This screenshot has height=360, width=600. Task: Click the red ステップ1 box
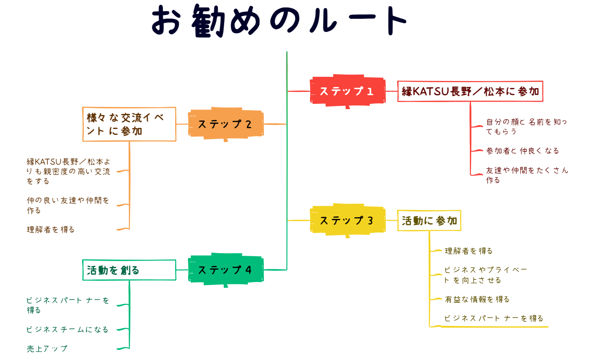click(x=347, y=91)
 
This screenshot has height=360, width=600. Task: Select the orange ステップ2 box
click(x=225, y=124)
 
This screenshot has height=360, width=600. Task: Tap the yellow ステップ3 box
click(x=347, y=220)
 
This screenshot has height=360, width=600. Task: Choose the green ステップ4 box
click(x=225, y=270)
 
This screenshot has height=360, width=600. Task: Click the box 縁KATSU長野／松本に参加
click(x=470, y=91)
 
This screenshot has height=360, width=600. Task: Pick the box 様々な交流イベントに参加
click(x=129, y=124)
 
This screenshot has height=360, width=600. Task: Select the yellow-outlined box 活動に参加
click(x=429, y=220)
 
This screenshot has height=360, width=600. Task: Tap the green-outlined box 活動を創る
click(x=129, y=270)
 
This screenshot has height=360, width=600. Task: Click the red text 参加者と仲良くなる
click(x=522, y=151)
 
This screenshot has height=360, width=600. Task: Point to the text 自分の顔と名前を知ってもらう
click(x=526, y=126)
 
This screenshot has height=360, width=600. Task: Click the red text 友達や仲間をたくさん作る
click(x=527, y=175)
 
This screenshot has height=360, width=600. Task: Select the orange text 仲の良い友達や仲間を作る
click(x=68, y=205)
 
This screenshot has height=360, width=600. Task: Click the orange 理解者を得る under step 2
click(x=51, y=229)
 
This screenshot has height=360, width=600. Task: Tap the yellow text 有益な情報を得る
click(x=477, y=299)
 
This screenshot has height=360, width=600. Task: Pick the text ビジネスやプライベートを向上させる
click(x=485, y=275)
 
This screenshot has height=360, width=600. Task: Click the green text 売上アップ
click(x=47, y=349)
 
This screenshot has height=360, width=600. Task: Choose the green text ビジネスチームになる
click(x=67, y=330)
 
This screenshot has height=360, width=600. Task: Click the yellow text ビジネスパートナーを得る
click(x=493, y=318)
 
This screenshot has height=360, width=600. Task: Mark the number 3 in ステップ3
click(x=370, y=220)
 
